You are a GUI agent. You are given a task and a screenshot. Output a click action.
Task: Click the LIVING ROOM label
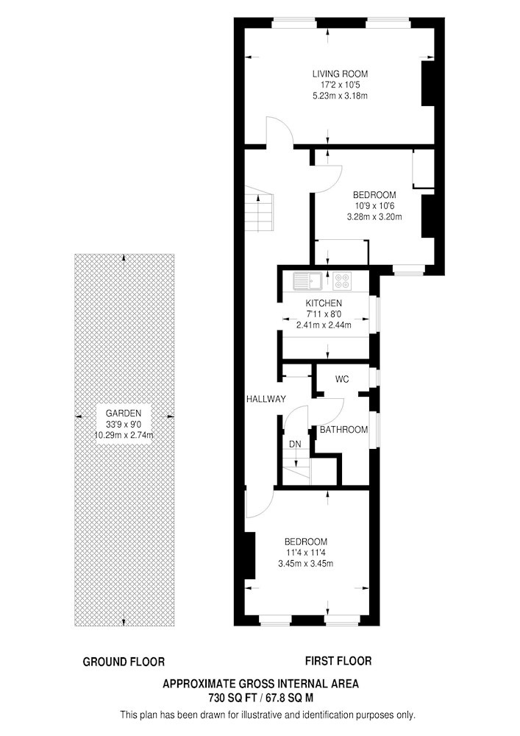340,74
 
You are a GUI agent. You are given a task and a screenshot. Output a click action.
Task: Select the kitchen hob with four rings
342,281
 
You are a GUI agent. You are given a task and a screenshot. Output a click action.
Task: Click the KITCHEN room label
324,303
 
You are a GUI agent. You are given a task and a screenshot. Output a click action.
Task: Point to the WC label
342,379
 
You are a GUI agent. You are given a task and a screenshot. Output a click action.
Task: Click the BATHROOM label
343,430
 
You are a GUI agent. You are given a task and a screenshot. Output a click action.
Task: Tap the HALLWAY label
266,400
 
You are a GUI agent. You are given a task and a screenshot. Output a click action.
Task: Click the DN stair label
295,444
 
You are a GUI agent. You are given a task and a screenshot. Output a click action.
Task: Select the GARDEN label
124,414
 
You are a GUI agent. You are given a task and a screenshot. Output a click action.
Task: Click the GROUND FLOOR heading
124,662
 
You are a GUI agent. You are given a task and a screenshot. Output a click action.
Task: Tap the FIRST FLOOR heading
338,661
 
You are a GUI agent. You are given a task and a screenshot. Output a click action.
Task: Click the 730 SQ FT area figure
232,698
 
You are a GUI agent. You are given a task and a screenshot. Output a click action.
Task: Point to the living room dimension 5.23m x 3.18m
340,96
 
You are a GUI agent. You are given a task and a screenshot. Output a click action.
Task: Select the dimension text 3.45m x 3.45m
306,564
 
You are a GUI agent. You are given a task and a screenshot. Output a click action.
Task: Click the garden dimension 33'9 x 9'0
124,425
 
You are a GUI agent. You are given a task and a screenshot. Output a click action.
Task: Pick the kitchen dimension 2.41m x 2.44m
324,325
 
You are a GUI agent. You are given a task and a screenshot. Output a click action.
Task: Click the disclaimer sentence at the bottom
268,715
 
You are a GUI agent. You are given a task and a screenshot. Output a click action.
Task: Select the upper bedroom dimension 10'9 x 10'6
374,205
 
